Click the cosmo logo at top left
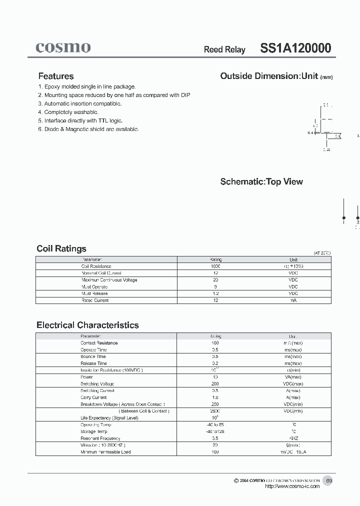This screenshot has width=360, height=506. point(63,47)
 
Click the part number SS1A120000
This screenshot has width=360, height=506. point(295,48)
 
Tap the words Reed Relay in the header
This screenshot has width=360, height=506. point(224,49)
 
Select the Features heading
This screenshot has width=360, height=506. point(56,76)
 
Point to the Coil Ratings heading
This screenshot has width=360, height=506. point(61,248)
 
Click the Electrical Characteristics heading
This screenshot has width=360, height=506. point(87,325)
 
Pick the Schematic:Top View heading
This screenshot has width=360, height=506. point(261,181)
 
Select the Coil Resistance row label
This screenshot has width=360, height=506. point(96,266)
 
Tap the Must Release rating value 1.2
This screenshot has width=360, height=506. point(215,293)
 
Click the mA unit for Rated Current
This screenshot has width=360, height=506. point(293,300)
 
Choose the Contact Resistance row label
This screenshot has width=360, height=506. point(99,343)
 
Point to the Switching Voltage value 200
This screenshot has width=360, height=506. point(215,383)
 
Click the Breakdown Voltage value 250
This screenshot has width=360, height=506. point(215,404)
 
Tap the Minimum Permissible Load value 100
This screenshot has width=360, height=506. point(215,452)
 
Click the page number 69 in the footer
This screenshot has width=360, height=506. point(329,480)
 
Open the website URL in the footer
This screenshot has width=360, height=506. point(292,486)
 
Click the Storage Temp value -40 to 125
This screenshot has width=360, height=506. point(215,431)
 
